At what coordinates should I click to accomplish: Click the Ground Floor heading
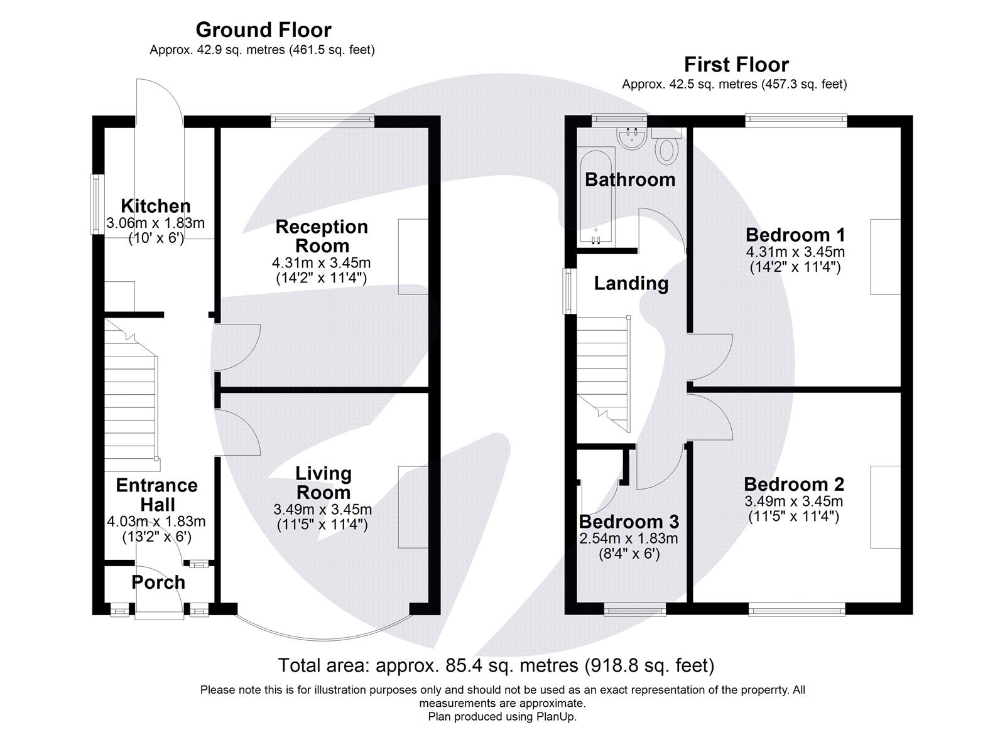click(263, 30)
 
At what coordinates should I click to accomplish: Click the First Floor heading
click(736, 65)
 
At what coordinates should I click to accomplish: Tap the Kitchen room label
click(155, 206)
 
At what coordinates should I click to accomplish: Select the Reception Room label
click(322, 236)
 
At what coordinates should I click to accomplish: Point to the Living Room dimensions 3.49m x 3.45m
click(322, 510)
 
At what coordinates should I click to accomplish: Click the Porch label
click(158, 582)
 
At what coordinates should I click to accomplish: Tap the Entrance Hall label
click(156, 495)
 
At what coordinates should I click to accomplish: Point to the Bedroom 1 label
click(795, 235)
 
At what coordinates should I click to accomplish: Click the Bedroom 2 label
click(794, 484)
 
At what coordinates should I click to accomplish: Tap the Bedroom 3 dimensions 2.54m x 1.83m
click(628, 539)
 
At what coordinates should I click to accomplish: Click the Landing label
click(631, 284)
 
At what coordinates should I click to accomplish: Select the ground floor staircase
click(130, 402)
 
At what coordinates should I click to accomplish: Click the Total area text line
click(496, 665)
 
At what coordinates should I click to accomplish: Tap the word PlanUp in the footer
click(555, 716)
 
